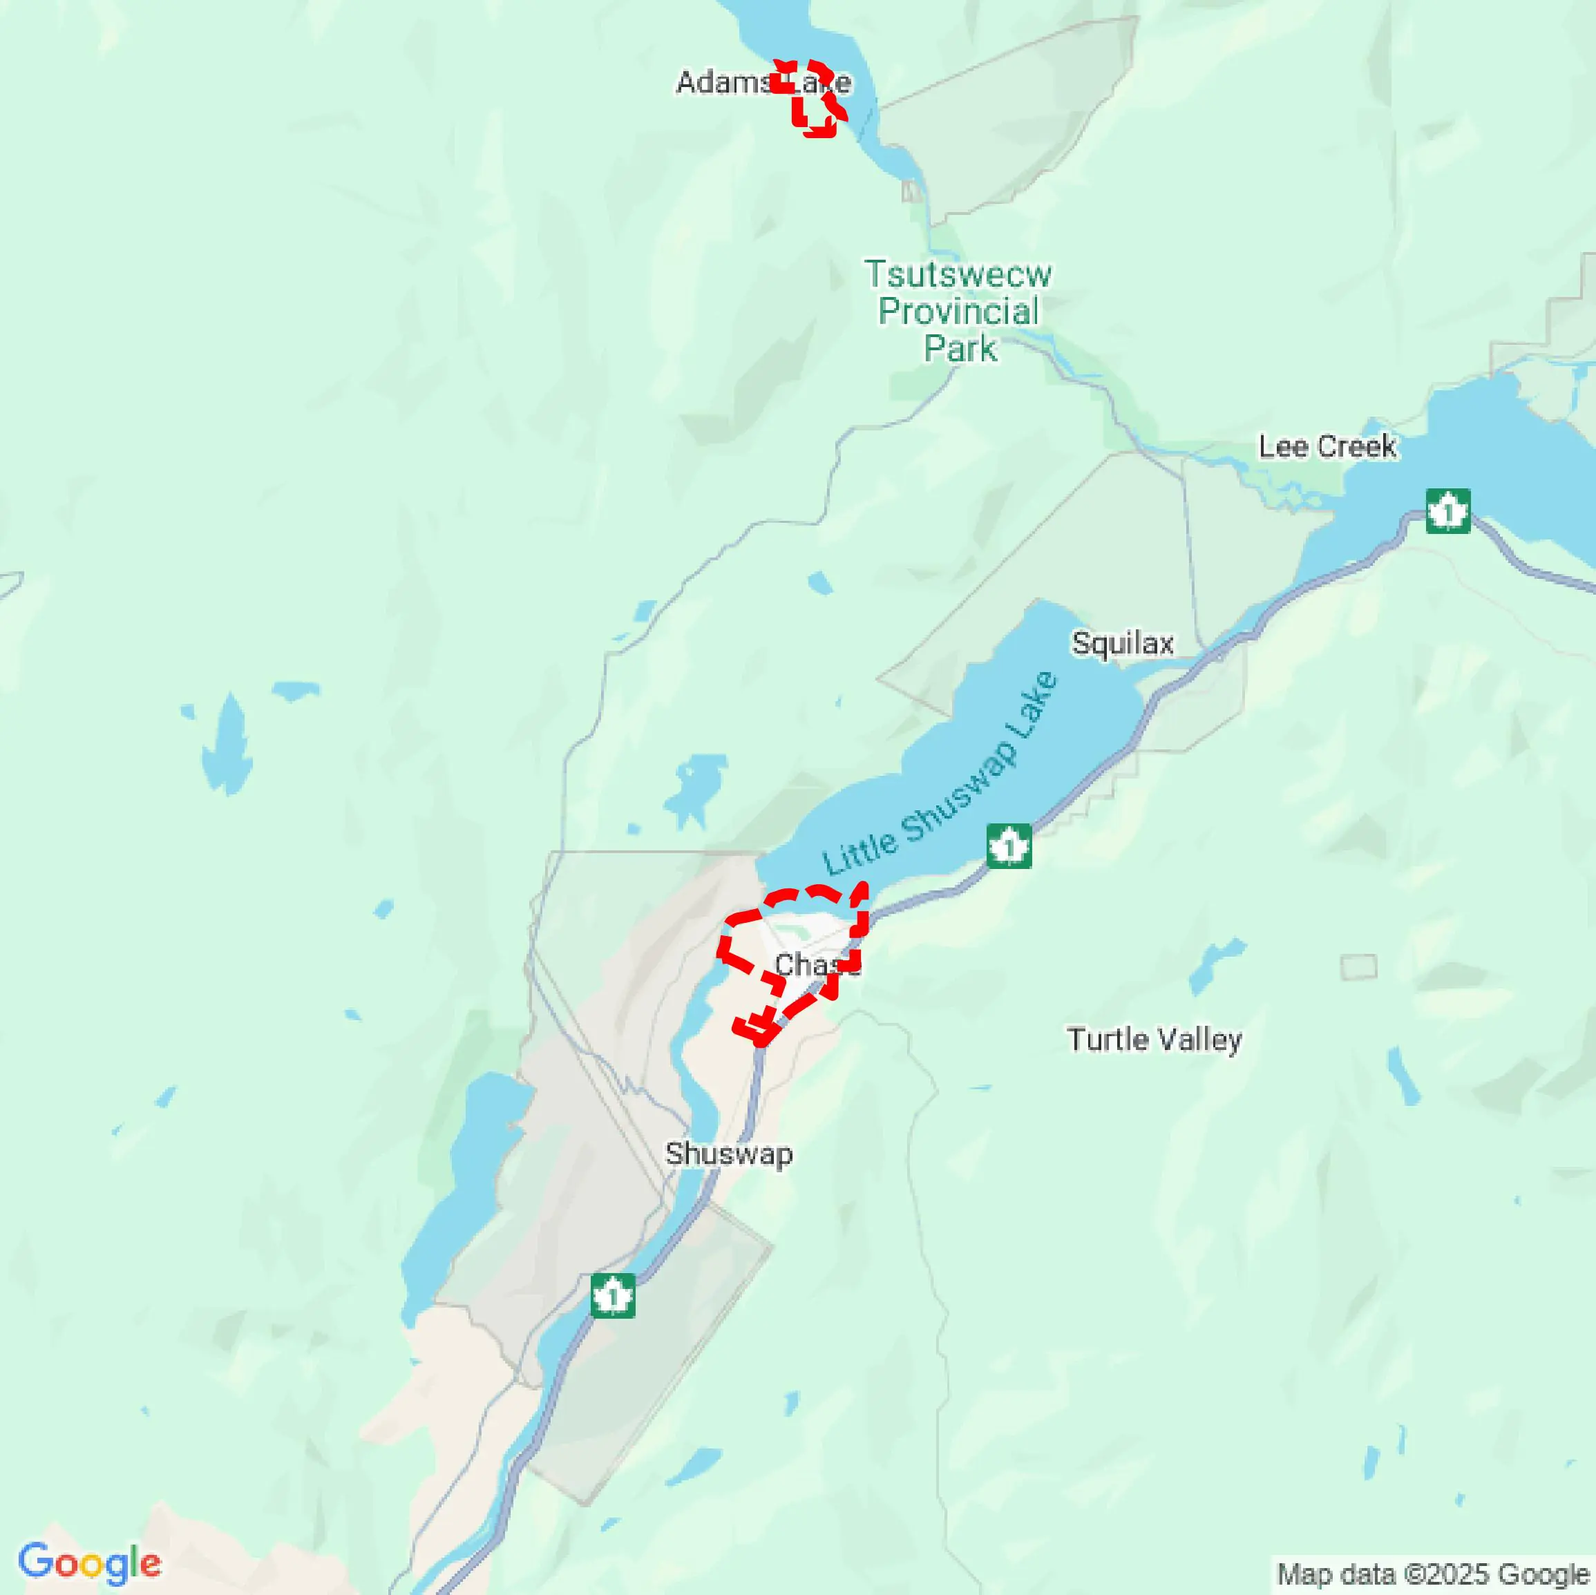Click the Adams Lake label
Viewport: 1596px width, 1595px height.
pos(763,83)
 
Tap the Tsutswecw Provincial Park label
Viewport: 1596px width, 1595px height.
pos(958,311)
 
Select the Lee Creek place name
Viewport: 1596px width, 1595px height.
pos(1327,447)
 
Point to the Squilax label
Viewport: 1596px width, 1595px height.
pos(1122,642)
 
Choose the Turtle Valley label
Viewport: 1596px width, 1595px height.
pos(1153,1039)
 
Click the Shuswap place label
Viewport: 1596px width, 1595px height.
pos(729,1154)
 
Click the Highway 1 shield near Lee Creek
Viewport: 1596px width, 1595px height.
pos(1447,511)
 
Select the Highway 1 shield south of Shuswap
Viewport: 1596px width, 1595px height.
pos(612,1295)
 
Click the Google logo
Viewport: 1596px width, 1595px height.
pos(89,1563)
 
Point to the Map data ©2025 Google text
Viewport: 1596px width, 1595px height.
pos(1433,1574)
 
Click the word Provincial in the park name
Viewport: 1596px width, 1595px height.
pos(958,312)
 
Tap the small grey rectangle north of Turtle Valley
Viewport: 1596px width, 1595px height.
pos(1358,966)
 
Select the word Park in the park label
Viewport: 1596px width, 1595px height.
pos(960,349)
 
